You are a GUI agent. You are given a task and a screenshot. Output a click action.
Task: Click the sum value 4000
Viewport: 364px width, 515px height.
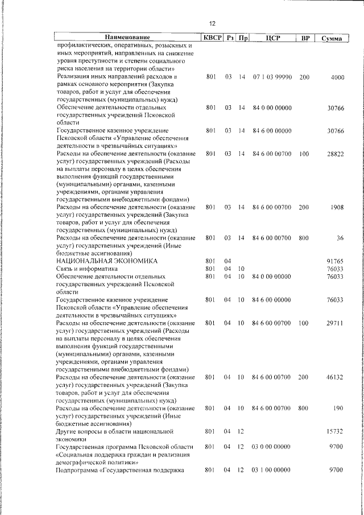(x=337, y=77)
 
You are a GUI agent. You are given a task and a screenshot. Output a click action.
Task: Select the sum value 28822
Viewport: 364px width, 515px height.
(x=335, y=154)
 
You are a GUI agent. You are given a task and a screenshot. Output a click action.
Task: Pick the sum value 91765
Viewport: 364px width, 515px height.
(x=335, y=261)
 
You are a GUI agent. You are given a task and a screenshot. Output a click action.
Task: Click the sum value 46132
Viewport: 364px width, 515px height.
(x=335, y=377)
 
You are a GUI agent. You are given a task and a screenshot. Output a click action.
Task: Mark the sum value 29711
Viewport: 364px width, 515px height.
(x=335, y=323)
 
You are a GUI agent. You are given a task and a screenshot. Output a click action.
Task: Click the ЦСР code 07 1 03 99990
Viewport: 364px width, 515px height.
(x=272, y=77)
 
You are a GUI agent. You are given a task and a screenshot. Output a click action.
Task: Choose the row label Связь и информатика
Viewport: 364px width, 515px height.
(x=86, y=269)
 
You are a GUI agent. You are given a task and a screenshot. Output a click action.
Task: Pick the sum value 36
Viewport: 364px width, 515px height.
(x=340, y=238)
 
